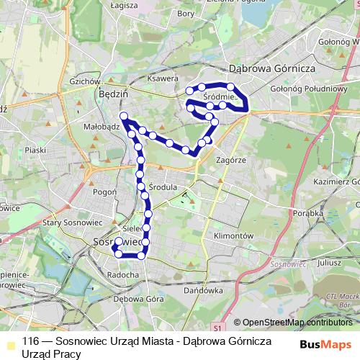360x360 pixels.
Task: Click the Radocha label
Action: tap(122, 274)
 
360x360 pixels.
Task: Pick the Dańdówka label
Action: tap(202, 291)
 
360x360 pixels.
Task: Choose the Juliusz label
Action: tap(328, 263)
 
